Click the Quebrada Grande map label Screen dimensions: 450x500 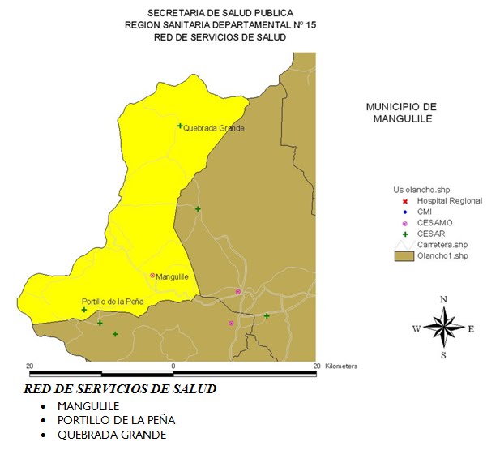pos(214,128)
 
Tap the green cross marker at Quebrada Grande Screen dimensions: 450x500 pos(180,126)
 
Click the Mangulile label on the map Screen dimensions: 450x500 pos(173,277)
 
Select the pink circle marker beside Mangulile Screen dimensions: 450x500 pos(152,276)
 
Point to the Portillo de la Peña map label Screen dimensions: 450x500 pos(113,302)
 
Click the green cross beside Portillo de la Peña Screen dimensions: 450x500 pos(84,310)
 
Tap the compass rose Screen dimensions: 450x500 pos(443,327)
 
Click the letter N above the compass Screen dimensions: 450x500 pos(443,300)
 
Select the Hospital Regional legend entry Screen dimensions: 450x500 pos(449,200)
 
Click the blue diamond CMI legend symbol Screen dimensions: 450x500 pos(404,212)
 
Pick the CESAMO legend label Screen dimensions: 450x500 pos(434,222)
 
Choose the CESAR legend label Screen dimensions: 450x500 pos(431,234)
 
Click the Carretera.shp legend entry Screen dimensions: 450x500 pos(442,244)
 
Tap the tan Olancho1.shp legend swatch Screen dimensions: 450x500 pos(404,256)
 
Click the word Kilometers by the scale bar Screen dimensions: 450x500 pos(341,366)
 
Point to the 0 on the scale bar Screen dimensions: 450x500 pos(173,366)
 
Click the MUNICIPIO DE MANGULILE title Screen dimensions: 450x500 pos(401,113)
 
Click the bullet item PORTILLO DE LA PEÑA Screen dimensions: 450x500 pos(116,420)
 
